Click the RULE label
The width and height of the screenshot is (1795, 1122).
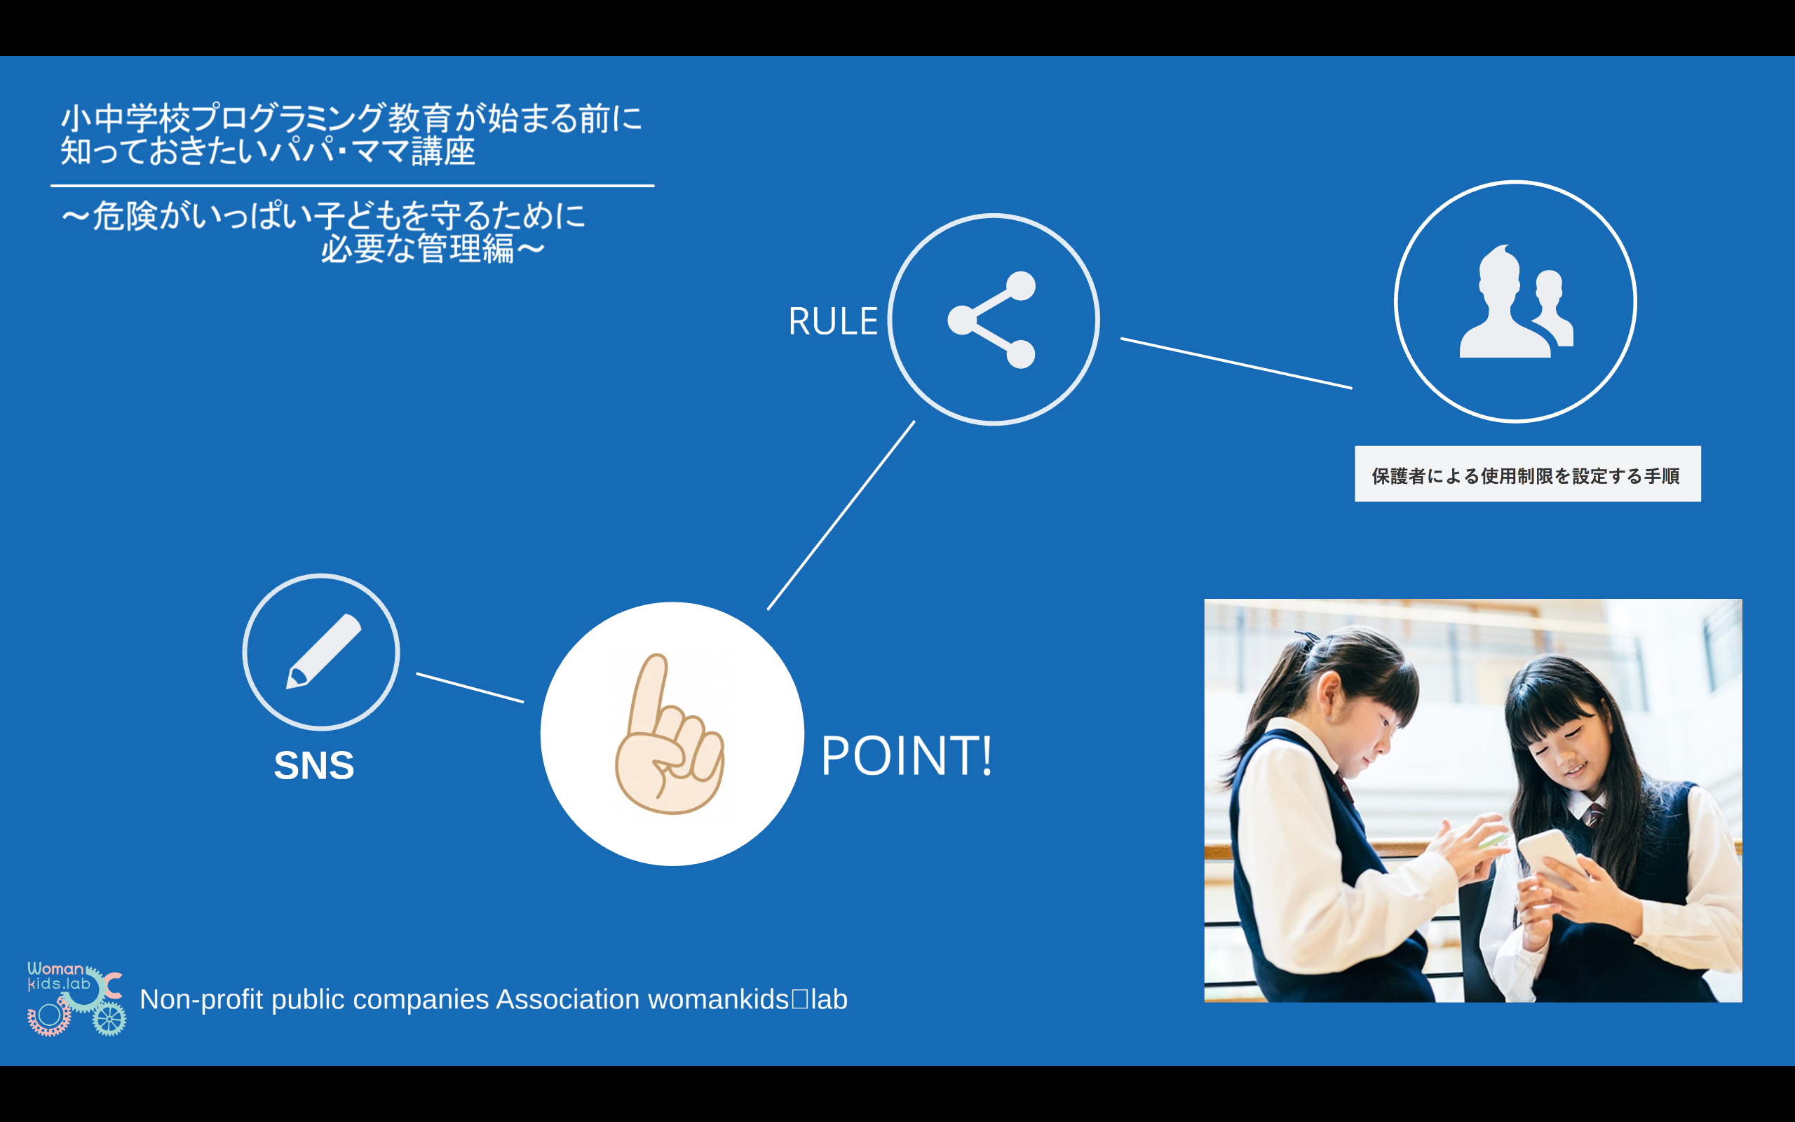click(x=832, y=321)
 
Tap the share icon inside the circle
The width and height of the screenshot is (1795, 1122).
click(x=991, y=320)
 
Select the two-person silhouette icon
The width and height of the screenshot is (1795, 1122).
click(x=1516, y=302)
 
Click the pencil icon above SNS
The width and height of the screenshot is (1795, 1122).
click(x=323, y=651)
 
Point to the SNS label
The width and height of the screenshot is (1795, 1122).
click(x=313, y=765)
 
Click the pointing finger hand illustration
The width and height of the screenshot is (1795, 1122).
click(x=669, y=734)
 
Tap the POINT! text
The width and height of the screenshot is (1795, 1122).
click(x=907, y=755)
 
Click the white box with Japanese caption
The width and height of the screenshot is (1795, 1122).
click(x=1527, y=474)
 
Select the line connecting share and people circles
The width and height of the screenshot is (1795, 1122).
click(x=1235, y=363)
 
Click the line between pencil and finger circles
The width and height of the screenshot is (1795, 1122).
click(x=470, y=687)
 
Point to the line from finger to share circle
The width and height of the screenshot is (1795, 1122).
click(x=841, y=515)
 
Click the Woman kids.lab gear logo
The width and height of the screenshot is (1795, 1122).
click(x=76, y=998)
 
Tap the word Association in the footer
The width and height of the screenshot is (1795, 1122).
click(x=567, y=999)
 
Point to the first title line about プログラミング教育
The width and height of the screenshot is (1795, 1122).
click(x=351, y=118)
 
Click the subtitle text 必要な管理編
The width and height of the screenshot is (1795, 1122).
click(x=418, y=248)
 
